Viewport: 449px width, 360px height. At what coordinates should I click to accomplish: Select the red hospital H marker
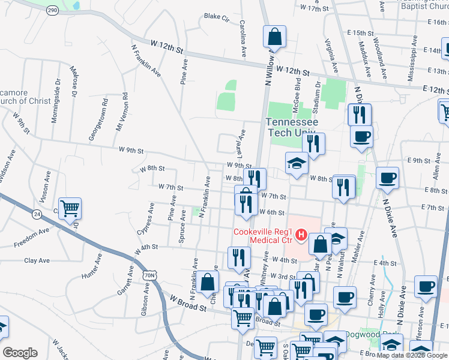pyautogui.click(x=301, y=234)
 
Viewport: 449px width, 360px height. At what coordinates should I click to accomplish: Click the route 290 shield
pyautogui.click(x=53, y=11)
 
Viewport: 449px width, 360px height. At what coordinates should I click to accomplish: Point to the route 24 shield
pyautogui.click(x=37, y=214)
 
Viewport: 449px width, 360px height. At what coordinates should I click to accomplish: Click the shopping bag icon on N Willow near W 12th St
pyautogui.click(x=274, y=37)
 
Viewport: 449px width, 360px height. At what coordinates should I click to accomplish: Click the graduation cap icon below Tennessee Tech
pyautogui.click(x=297, y=163)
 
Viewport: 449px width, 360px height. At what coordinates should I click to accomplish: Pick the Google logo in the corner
pyautogui.click(x=20, y=353)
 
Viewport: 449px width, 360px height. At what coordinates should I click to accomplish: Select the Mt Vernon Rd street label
pyautogui.click(x=122, y=112)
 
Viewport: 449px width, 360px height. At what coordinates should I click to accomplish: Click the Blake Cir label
pyautogui.click(x=217, y=17)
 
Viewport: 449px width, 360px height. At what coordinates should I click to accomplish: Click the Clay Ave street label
pyautogui.click(x=37, y=260)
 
